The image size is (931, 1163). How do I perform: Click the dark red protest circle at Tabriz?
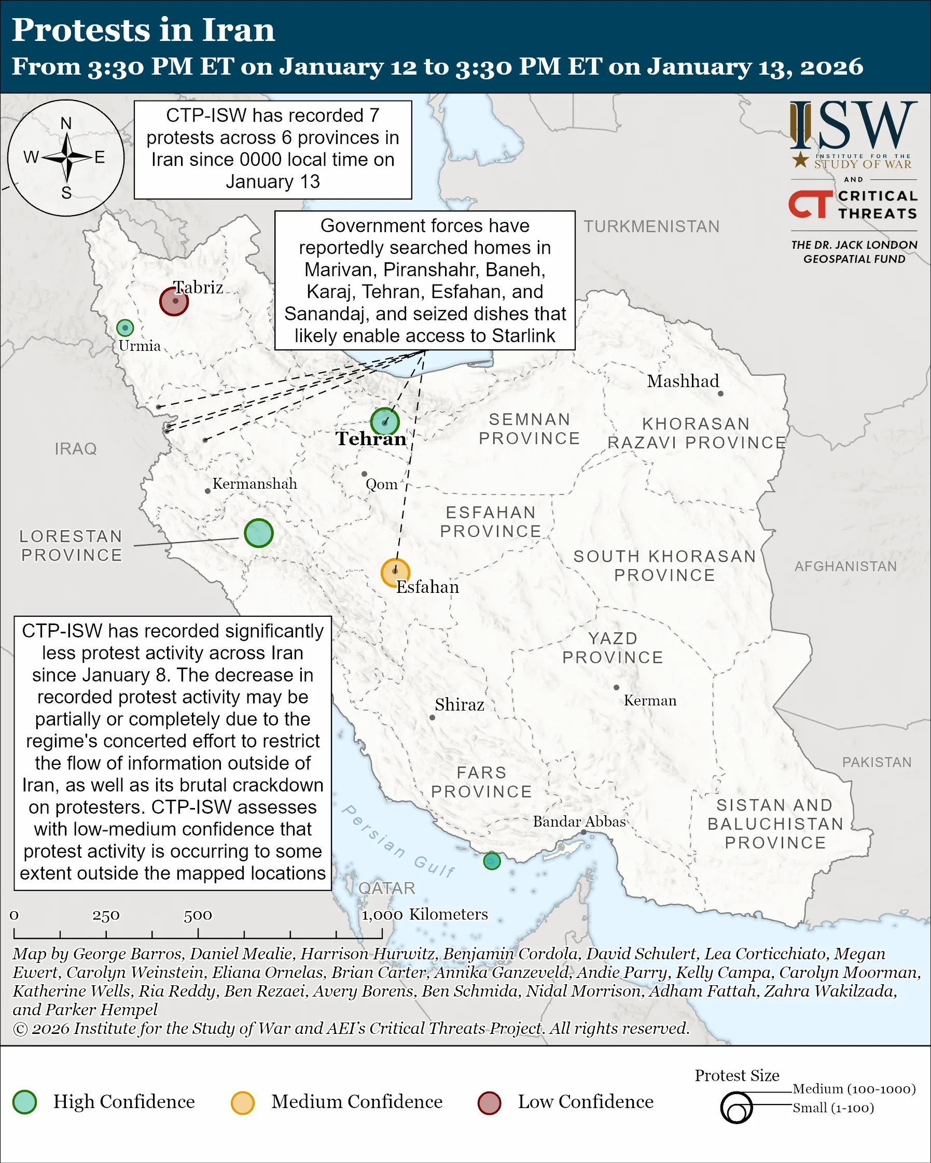click(x=174, y=301)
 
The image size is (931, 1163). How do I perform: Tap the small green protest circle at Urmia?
click(x=124, y=328)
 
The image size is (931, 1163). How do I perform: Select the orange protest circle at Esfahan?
click(x=395, y=572)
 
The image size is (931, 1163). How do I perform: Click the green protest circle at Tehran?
click(x=385, y=421)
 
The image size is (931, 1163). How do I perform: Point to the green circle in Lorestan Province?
click(x=258, y=533)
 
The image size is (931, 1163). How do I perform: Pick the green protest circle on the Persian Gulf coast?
click(x=492, y=861)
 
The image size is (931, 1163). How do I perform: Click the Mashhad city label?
click(x=683, y=381)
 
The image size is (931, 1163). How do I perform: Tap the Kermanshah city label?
click(x=255, y=484)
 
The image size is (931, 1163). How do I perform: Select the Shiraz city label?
click(x=460, y=704)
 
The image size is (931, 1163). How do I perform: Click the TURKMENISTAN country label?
click(x=651, y=226)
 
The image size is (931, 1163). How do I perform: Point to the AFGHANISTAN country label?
click(x=845, y=566)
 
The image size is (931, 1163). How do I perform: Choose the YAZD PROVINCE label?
click(x=613, y=648)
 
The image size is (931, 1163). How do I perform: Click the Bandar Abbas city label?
click(x=579, y=821)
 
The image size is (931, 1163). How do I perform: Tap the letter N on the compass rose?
click(x=66, y=123)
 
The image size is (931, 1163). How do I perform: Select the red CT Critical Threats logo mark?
click(x=810, y=204)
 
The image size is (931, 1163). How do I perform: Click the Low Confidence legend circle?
click(x=489, y=1102)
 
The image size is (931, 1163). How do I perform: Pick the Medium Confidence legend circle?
click(x=242, y=1102)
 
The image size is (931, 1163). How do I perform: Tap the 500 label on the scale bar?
click(x=198, y=915)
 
